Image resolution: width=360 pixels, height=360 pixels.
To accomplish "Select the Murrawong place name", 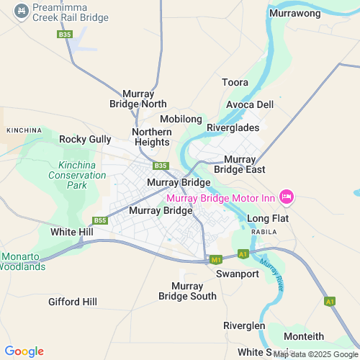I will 294,13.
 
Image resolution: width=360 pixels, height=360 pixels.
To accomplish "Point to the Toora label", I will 235,82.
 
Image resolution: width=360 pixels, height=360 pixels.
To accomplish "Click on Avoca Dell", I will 250,104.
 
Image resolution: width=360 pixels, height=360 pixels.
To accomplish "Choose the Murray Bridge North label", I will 144,99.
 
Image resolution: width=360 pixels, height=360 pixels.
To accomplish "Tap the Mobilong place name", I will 181,118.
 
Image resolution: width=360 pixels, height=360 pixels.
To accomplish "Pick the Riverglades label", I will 232,127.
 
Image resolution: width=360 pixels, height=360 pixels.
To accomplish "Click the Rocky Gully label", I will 85,139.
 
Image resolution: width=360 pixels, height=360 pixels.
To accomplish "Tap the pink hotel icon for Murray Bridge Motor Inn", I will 287,196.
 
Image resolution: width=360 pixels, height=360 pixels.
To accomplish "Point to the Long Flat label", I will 267,217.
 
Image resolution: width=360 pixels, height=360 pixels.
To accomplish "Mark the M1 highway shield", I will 215,259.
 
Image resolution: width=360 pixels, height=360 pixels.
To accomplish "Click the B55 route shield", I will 100,220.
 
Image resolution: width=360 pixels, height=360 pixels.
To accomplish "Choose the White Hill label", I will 71,233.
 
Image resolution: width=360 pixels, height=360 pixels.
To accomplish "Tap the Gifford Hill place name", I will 73,302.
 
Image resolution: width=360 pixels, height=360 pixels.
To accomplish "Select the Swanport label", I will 237,274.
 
